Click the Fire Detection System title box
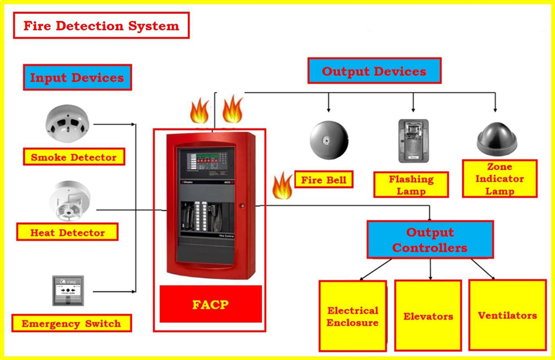[101, 26]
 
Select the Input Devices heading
[77, 77]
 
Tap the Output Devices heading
[374, 71]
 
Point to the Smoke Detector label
[74, 157]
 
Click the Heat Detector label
[67, 233]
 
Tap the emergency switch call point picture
[68, 291]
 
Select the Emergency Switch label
[71, 324]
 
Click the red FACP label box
[210, 304]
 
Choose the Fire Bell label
[324, 180]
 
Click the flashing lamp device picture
[413, 140]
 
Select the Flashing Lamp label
[411, 185]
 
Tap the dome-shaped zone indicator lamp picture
[497, 136]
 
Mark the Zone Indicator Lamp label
[500, 179]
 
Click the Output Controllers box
[430, 239]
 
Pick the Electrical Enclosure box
[353, 316]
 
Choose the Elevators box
[428, 316]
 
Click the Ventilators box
[507, 315]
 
